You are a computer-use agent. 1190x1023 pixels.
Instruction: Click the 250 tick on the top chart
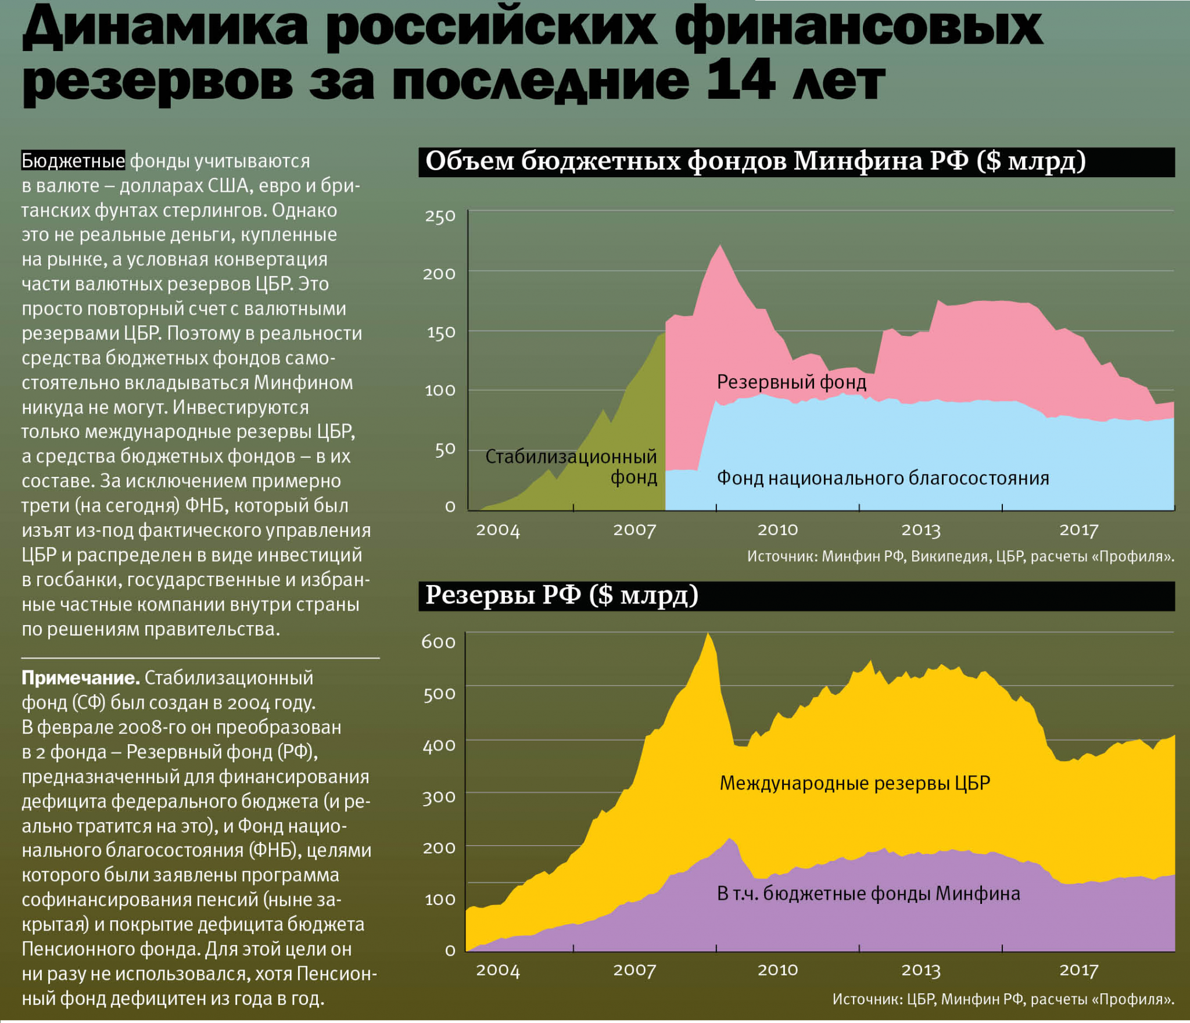pos(440,217)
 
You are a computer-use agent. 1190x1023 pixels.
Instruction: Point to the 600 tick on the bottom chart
pos(438,642)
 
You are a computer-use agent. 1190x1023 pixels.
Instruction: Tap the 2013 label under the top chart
pos(921,530)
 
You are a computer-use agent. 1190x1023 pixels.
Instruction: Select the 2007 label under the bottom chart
pos(635,970)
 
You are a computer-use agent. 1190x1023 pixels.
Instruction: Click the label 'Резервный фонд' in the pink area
pos(791,382)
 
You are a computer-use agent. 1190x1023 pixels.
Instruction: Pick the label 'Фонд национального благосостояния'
pos(883,478)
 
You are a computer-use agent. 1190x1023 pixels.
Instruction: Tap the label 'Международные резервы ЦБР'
pos(855,783)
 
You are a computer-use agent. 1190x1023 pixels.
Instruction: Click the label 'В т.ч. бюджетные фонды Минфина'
pos(868,893)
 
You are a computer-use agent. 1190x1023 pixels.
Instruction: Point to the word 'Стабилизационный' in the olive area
pos(571,457)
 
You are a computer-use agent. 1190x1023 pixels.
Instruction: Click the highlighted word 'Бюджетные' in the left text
pos(73,161)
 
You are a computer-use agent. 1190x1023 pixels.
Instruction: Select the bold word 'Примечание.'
pos(80,678)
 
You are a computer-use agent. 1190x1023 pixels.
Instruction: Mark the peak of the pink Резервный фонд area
pos(721,246)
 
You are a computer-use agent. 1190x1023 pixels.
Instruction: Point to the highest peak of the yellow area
pos(708,634)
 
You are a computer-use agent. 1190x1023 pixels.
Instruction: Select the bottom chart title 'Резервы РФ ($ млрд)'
pos(561,595)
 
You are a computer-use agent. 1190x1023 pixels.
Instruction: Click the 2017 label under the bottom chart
pos(1079,970)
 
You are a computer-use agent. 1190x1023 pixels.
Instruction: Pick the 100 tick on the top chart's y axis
pos(440,390)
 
